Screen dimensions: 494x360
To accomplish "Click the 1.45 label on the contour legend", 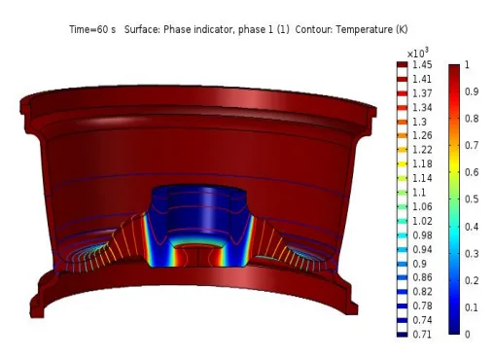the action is [422, 65].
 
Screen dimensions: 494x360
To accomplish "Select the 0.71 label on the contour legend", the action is [422, 334].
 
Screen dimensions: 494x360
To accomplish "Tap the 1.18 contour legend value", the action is [422, 163].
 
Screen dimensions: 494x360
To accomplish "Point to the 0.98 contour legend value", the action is [422, 235].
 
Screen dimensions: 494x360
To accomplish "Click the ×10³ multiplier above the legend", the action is [418, 53].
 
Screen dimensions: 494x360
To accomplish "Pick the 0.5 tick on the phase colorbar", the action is [472, 199].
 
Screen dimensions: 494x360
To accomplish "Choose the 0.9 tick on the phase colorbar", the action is [472, 91].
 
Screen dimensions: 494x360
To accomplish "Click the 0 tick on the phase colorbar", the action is [467, 334].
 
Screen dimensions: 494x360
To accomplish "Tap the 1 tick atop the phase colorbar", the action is [467, 64].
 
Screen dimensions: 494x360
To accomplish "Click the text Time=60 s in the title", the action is [92, 29].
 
